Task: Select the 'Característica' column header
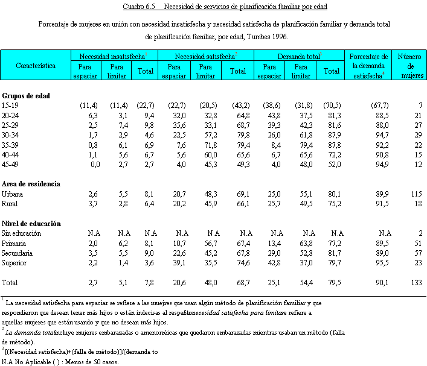pyautogui.click(x=36, y=65)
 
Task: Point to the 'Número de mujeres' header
pyautogui.click(x=410, y=65)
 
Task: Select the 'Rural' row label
pyautogui.click(x=10, y=204)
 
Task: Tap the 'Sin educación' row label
pyautogui.click(x=21, y=233)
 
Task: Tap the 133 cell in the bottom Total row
pyautogui.click(x=416, y=282)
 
